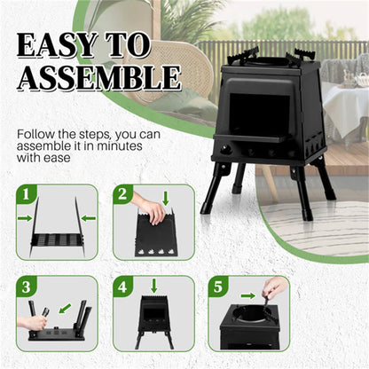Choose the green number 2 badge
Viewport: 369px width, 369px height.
122,192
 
